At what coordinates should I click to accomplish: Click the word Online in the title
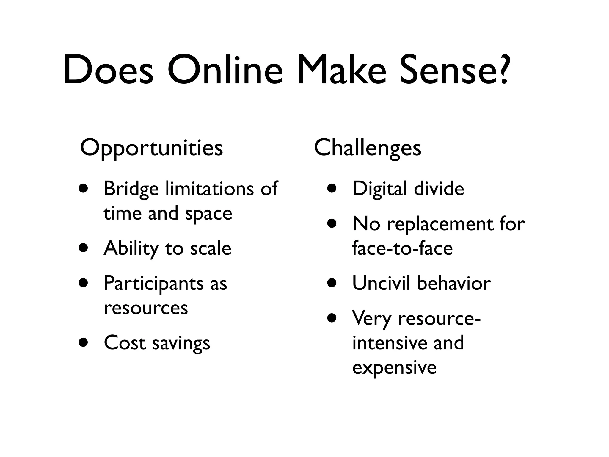click(225, 70)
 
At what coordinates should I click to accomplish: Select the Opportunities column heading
click(151, 148)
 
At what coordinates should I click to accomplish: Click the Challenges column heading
click(368, 148)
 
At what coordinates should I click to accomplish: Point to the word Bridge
click(131, 189)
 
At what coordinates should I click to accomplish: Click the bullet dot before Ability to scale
click(84, 248)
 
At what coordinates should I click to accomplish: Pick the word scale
click(211, 248)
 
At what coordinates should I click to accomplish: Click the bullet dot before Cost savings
click(84, 342)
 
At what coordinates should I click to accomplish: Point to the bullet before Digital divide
click(332, 188)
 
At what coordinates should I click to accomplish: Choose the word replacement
click(440, 224)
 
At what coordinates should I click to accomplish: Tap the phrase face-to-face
click(402, 248)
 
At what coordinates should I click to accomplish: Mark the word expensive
click(394, 368)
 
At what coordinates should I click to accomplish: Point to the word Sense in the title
click(448, 70)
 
